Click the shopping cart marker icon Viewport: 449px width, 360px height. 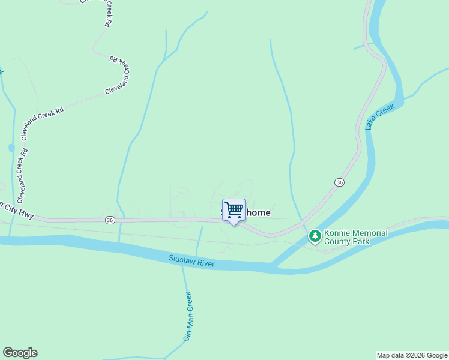tap(234, 209)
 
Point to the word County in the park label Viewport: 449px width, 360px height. tap(336, 242)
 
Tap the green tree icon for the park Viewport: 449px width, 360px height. tap(315, 236)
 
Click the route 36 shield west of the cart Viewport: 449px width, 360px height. tap(109, 220)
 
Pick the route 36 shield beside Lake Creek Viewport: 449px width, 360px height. tap(339, 182)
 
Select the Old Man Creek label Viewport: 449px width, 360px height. tap(188, 316)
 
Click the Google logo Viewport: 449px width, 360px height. tap(20, 353)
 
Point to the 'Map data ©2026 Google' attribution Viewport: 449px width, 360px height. tap(412, 355)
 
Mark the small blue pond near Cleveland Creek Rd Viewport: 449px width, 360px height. tap(11, 148)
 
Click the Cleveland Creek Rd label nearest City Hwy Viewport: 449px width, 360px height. tap(23, 174)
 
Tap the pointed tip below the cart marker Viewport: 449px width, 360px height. tap(234, 224)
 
